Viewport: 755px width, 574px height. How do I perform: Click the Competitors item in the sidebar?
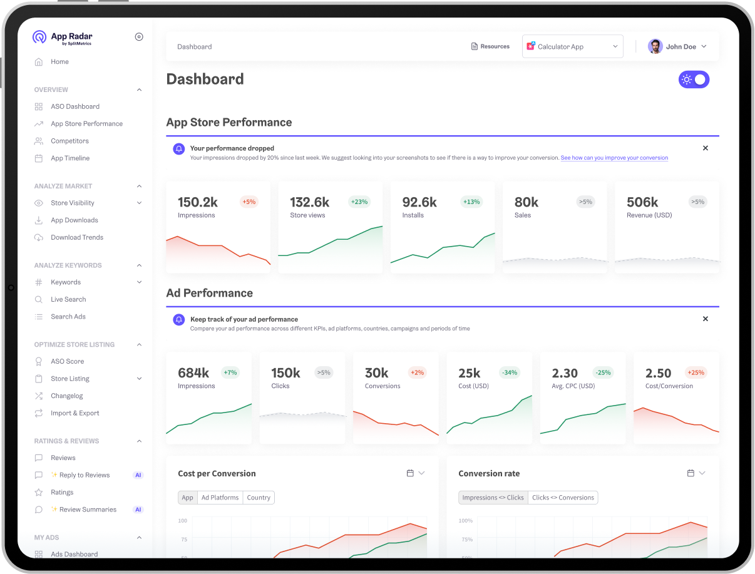(x=69, y=141)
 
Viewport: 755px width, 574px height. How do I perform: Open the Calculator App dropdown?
(x=572, y=46)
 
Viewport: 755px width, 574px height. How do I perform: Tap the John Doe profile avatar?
(x=655, y=46)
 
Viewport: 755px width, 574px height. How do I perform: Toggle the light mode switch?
(x=694, y=79)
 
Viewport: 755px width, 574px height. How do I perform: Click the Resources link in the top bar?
(x=490, y=46)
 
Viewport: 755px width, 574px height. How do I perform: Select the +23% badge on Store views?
(x=359, y=202)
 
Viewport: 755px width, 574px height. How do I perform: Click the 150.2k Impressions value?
(x=198, y=202)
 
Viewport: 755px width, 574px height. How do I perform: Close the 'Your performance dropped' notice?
(x=706, y=148)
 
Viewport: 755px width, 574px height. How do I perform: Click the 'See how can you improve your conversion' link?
(x=614, y=158)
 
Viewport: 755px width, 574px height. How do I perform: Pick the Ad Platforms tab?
(x=220, y=498)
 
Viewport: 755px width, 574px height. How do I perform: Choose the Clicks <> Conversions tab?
(x=563, y=498)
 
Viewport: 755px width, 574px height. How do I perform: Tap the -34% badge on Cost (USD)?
(x=510, y=372)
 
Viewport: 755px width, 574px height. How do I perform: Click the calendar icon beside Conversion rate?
(x=691, y=473)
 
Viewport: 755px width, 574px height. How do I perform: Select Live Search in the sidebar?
(x=68, y=299)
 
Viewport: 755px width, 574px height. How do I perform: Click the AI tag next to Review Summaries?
(x=138, y=510)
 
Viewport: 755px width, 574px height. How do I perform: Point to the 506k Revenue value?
(x=642, y=202)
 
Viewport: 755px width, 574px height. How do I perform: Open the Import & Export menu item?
(x=74, y=413)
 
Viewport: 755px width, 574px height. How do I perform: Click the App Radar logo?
(x=62, y=38)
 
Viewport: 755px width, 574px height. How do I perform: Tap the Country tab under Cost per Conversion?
(x=259, y=498)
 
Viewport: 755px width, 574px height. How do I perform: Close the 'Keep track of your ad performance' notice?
(x=706, y=319)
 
